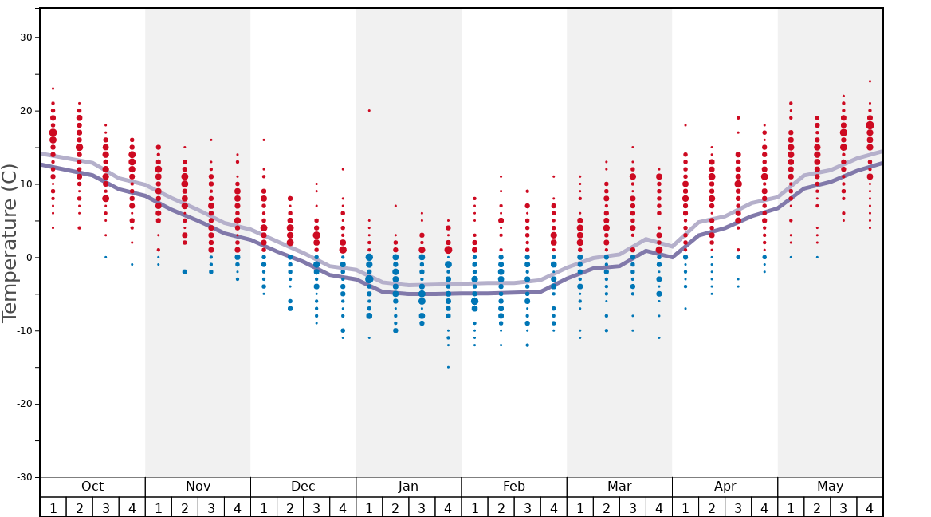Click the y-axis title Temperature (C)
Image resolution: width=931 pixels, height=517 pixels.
pos(10,243)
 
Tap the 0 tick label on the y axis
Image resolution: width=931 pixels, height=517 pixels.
pos(29,257)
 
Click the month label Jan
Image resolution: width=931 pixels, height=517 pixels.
pos(408,487)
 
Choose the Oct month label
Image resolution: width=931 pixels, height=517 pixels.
pos(92,487)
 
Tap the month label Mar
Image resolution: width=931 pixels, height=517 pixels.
pos(619,487)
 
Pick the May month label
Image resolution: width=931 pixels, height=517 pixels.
pos(830,487)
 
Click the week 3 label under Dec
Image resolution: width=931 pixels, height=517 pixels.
pos(316,507)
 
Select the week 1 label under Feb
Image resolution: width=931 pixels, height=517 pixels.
pos(474,507)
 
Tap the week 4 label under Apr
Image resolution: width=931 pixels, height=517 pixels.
pos(764,507)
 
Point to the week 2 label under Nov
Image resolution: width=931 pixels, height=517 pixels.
pos(185,507)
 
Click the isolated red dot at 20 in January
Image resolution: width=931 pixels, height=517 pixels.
pos(369,110)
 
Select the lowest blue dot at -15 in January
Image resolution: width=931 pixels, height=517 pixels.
pos(448,367)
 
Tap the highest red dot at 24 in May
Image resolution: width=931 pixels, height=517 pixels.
pos(870,81)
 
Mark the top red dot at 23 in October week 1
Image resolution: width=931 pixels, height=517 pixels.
pos(53,89)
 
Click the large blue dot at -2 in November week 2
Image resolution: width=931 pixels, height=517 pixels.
pos(185,272)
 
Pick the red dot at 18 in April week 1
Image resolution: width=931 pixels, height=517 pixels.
pos(685,125)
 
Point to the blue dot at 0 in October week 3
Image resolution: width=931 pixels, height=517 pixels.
pos(105,257)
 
